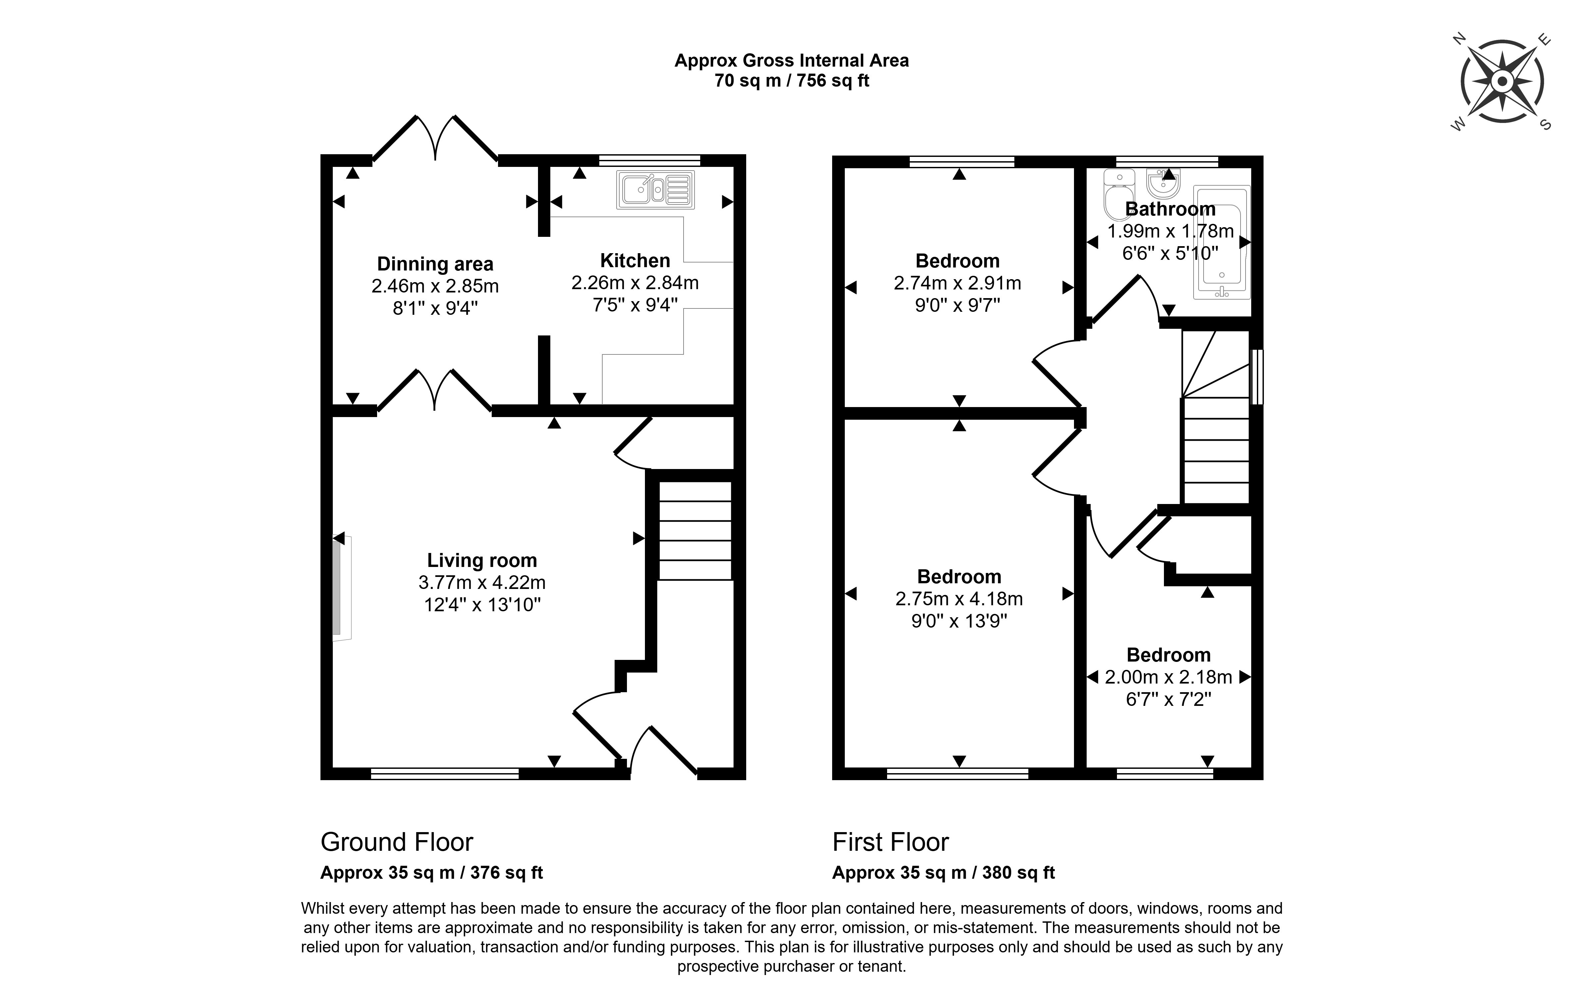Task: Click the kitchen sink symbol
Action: pyautogui.click(x=655, y=190)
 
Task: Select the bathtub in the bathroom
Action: pyautogui.click(x=1222, y=242)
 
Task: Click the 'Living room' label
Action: pyautogui.click(x=482, y=560)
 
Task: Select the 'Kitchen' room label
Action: pyautogui.click(x=635, y=260)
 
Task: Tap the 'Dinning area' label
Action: pyautogui.click(x=435, y=264)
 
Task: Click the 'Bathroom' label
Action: pyautogui.click(x=1170, y=209)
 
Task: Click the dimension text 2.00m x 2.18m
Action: pyautogui.click(x=1168, y=677)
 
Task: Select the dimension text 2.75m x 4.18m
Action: pyautogui.click(x=959, y=599)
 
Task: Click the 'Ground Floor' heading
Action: pyautogui.click(x=397, y=842)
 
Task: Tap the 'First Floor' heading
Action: pyautogui.click(x=891, y=842)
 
